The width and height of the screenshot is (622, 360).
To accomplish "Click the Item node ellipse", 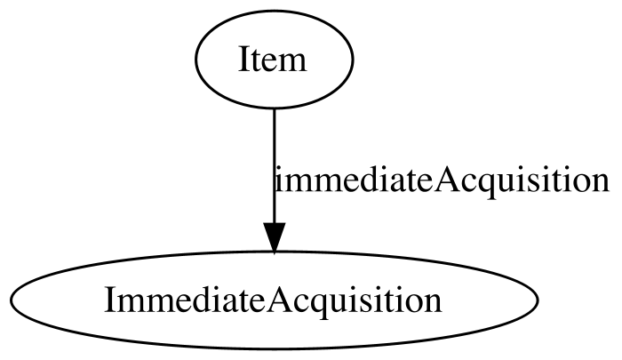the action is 274,60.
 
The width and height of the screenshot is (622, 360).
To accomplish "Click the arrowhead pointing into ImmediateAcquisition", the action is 274,237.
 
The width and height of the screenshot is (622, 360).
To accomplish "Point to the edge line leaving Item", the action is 274,166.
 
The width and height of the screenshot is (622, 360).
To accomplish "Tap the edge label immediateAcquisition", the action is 442,180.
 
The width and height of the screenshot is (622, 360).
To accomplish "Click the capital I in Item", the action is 244,60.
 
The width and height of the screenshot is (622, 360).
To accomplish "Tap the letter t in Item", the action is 255,61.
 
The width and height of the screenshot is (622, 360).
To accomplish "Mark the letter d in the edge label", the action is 364,179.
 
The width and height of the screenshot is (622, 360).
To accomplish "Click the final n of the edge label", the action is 601,182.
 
